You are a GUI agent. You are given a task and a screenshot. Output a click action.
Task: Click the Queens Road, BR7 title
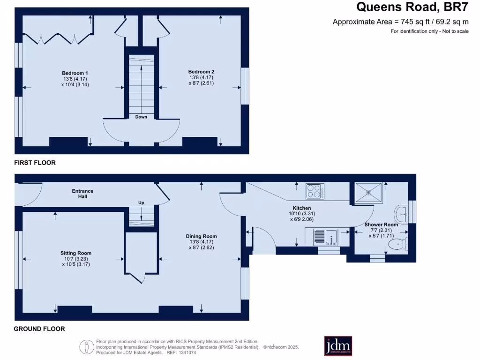[412, 7]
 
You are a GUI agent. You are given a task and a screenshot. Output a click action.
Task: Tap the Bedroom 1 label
[75, 73]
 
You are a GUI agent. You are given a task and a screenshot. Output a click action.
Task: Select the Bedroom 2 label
[202, 72]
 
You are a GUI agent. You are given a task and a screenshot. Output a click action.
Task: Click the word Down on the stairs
[141, 117]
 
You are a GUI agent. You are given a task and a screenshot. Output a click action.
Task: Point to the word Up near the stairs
[141, 202]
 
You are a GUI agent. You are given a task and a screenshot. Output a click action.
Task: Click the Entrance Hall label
[82, 194]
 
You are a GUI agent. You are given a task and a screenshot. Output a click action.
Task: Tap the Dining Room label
[202, 236]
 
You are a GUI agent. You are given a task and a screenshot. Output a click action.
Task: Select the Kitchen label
[302, 208]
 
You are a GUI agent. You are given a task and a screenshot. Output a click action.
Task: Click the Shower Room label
[381, 225]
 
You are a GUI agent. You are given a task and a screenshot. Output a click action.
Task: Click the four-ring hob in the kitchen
[315, 191]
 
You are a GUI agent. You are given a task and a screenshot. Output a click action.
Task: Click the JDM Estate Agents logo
[338, 346]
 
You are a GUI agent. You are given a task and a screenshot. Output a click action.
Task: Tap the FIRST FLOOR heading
[35, 163]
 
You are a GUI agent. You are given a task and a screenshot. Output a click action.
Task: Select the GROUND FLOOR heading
[39, 329]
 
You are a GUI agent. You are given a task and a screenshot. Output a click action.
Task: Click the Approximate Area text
[400, 22]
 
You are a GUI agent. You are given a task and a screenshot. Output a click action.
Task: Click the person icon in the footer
[87, 347]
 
